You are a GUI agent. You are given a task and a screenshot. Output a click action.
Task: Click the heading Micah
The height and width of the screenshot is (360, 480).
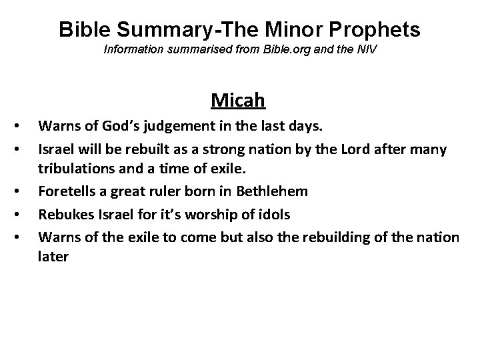pos(238,101)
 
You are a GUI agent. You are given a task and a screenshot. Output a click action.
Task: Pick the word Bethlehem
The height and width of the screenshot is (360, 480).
pos(270,191)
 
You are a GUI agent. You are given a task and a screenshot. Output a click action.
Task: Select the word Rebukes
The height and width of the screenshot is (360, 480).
pos(63,214)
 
